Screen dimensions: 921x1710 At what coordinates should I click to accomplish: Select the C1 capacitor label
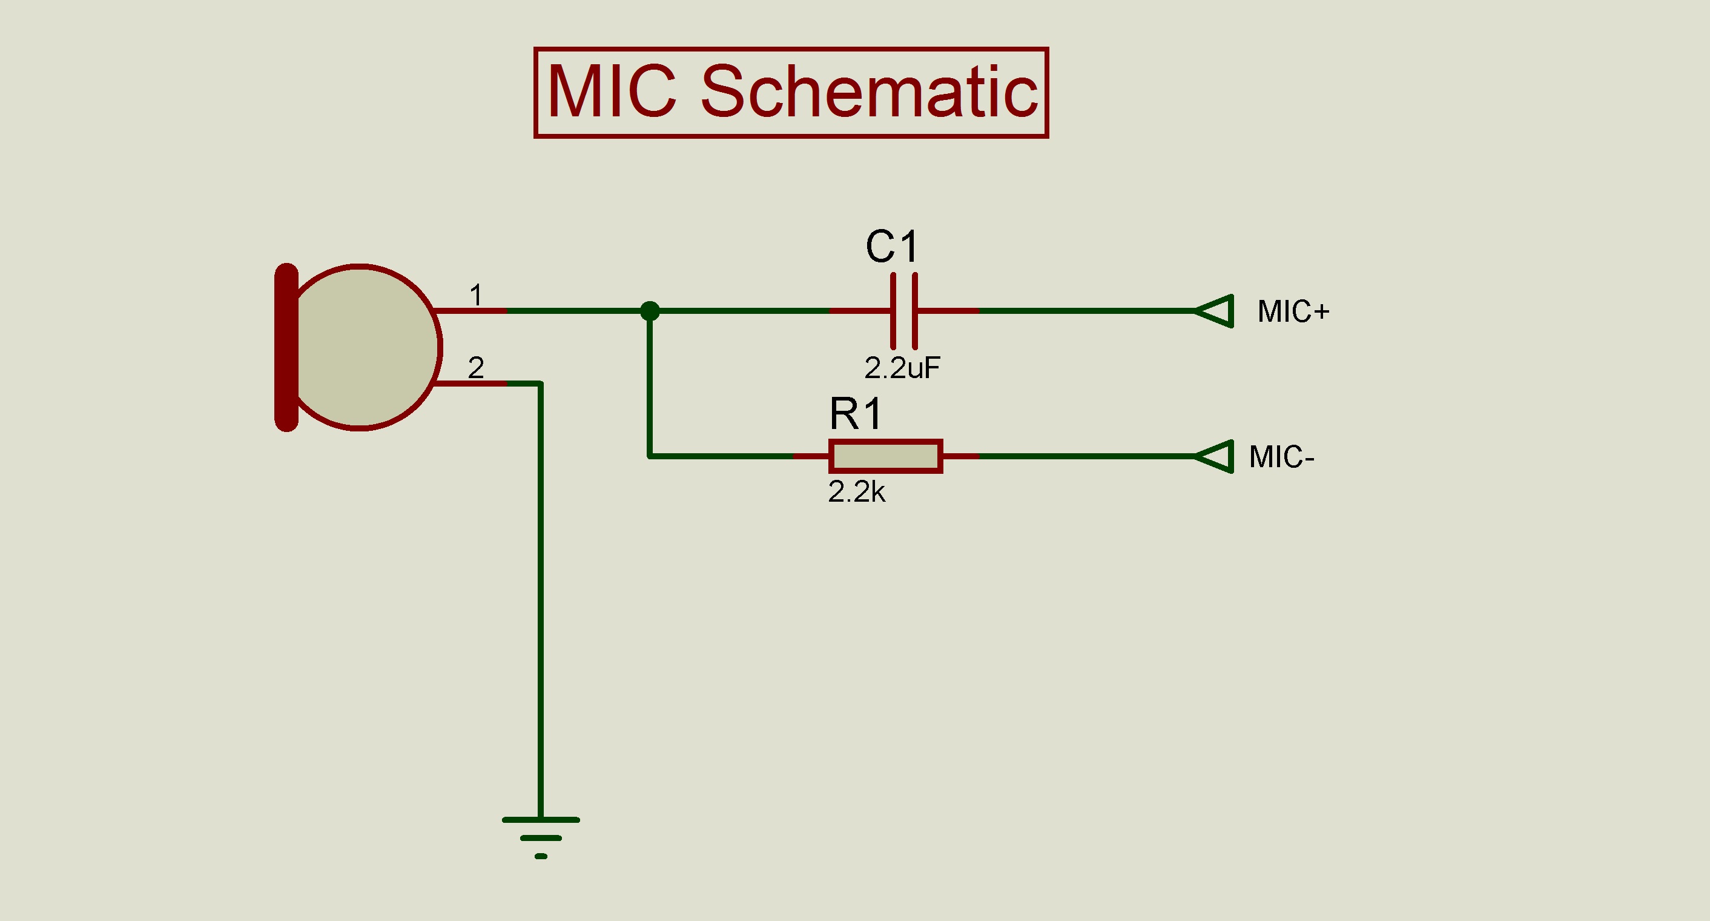[x=891, y=247]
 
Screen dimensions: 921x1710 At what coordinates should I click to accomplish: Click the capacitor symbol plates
[x=904, y=311]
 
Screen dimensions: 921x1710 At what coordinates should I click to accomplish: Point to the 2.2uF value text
[x=902, y=368]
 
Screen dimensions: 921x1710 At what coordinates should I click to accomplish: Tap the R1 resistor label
[x=856, y=414]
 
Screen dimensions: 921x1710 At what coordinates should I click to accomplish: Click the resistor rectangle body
[x=885, y=457]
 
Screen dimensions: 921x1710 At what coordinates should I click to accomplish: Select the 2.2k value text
[x=856, y=492]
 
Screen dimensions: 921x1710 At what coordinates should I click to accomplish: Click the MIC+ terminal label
[x=1292, y=311]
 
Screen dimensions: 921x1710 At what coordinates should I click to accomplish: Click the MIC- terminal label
[x=1281, y=457]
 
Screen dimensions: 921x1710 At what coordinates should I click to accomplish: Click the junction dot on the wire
[x=650, y=311]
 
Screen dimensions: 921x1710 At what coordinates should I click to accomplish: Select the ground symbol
[x=540, y=837]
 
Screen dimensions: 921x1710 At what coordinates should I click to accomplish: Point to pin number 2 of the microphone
[x=476, y=368]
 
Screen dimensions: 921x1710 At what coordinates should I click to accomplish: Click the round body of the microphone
[x=361, y=347]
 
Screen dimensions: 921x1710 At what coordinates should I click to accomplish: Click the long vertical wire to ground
[x=540, y=597]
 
